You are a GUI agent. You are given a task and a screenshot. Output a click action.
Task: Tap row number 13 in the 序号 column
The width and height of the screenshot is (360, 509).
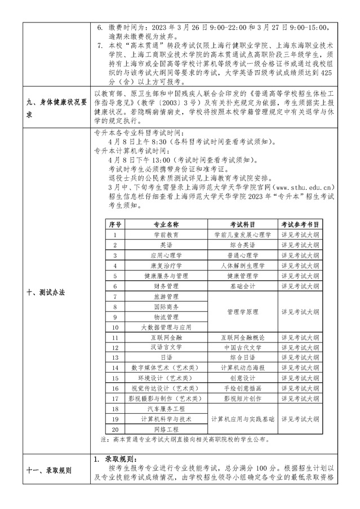pos(115,358)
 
